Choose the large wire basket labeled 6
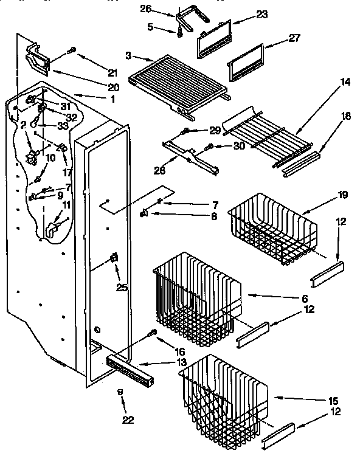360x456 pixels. click(195, 292)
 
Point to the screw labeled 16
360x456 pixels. click(153, 333)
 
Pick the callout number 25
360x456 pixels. click(122, 287)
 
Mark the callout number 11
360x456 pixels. click(66, 205)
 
